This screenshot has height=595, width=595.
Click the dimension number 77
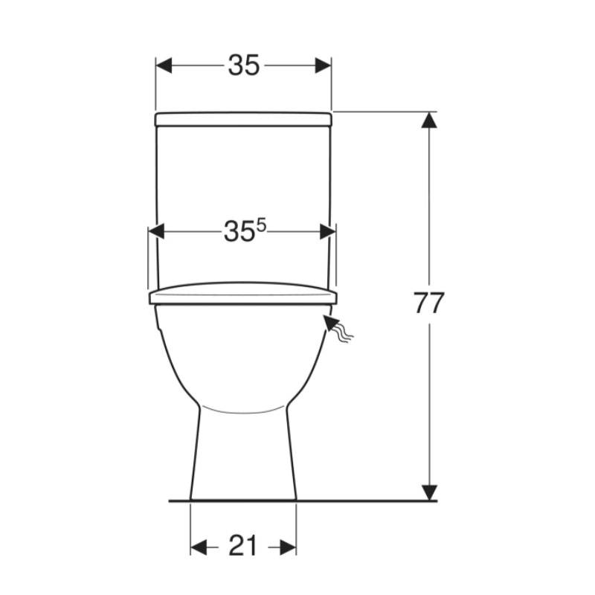click(428, 303)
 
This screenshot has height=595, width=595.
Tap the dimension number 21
click(243, 547)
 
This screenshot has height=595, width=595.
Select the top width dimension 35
click(244, 65)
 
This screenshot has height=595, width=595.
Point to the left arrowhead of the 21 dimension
click(199, 547)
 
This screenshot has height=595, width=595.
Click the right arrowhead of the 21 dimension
click(288, 547)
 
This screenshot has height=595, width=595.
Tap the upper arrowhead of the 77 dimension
click(429, 120)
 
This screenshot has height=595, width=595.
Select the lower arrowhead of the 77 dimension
click(429, 492)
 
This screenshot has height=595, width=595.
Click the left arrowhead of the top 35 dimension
click(164, 65)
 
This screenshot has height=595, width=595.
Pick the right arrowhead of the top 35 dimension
click(324, 65)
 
